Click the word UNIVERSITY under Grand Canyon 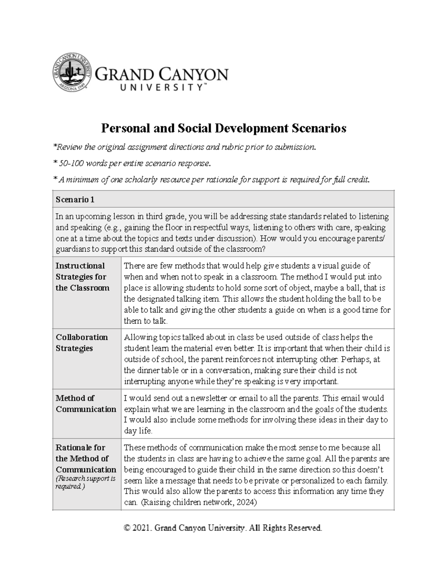click(161, 87)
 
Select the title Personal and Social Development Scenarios click(223, 128)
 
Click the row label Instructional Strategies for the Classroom click(82, 277)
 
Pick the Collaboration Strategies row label click(82, 342)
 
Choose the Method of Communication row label click(86, 403)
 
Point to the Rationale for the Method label click(82, 453)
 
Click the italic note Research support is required click(85, 482)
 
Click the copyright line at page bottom click(223, 528)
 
